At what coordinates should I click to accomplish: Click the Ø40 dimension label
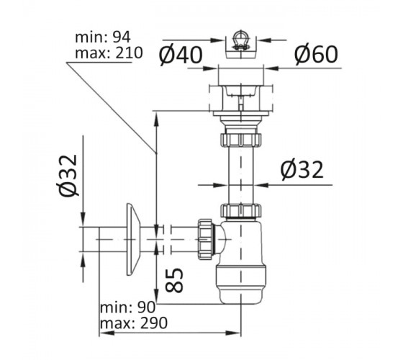pos(181,55)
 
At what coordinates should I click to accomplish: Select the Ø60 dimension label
pos(316,54)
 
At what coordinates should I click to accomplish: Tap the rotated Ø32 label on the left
pos(68,176)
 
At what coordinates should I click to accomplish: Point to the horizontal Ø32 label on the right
pos(302,170)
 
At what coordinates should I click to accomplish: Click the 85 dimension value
pos(174,280)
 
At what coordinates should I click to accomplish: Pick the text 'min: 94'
pos(103,37)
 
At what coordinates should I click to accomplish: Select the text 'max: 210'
pos(109,53)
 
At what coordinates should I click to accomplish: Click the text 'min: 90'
pos(128,307)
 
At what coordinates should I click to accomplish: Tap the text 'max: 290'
pos(134,323)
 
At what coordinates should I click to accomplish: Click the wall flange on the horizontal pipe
pos(133,239)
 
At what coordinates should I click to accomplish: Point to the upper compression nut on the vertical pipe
pos(240,140)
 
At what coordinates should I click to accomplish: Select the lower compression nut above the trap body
pos(241,211)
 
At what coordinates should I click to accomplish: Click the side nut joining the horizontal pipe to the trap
pos(205,239)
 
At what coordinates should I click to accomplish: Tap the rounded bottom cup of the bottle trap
pos(241,285)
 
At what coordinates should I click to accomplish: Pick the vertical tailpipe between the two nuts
pos(241,176)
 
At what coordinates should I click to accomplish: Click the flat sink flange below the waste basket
pos(240,113)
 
